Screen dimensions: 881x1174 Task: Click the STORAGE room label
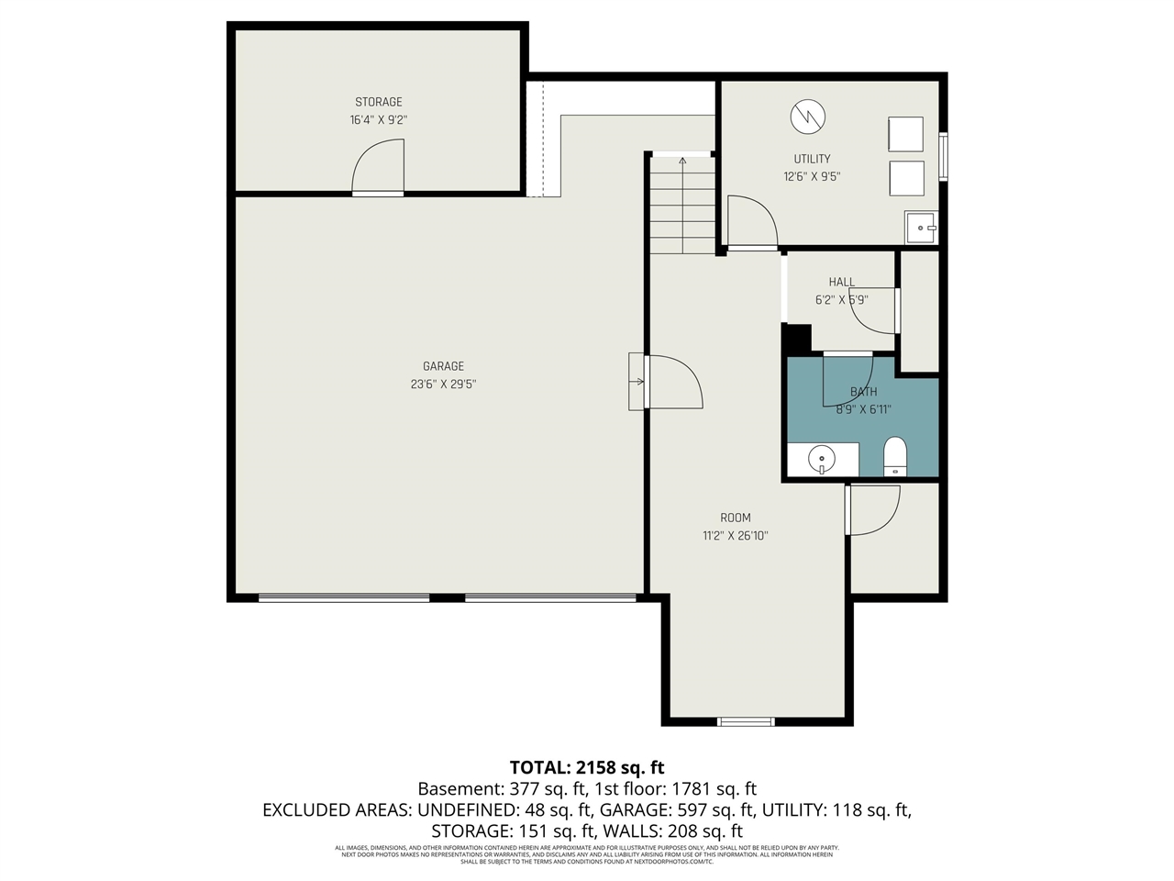[379, 102]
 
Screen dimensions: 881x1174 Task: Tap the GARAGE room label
[443, 366]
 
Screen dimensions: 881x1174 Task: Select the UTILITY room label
[812, 159]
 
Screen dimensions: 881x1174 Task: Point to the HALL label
[841, 283]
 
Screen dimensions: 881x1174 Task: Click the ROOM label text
[735, 518]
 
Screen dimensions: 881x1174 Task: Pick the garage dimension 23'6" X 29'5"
[443, 385]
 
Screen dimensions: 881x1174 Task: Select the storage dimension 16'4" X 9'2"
[379, 120]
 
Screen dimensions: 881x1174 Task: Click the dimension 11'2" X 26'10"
[735, 536]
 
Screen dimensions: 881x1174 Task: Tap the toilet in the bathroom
[894, 456]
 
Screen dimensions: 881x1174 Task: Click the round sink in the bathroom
[823, 458]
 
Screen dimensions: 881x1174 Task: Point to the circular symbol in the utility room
[808, 116]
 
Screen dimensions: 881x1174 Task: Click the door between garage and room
[672, 382]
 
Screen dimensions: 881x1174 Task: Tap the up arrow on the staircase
[682, 162]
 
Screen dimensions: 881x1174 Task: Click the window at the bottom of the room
[746, 721]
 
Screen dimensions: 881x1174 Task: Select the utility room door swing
[751, 221]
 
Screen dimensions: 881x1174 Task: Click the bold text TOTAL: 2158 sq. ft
[587, 767]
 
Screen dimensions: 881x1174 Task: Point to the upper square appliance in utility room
[905, 134]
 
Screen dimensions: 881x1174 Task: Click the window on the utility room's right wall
[943, 155]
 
